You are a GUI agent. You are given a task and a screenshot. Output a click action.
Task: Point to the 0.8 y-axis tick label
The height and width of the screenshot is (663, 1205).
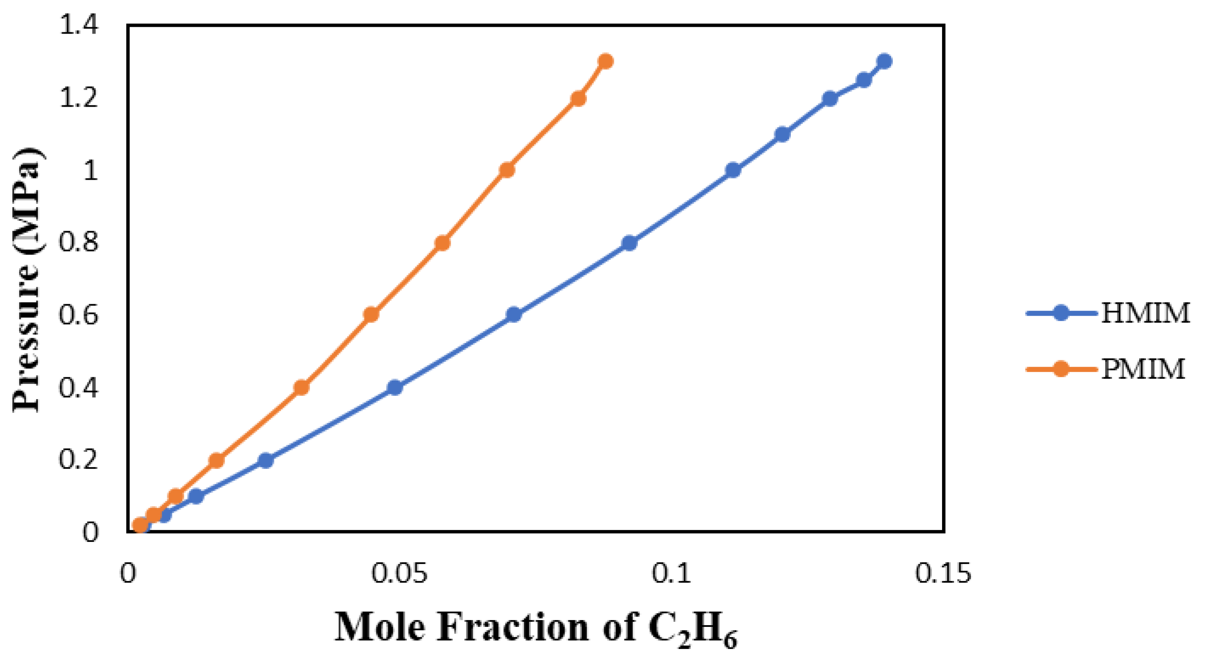79,243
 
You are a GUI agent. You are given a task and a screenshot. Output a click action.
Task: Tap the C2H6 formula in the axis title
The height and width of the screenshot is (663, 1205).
692,629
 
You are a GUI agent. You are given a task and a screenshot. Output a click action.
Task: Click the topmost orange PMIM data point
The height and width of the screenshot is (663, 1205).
606,61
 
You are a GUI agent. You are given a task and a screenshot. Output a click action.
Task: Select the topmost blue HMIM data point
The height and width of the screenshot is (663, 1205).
884,61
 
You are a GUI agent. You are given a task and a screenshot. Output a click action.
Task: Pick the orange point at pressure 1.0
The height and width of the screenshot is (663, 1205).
507,170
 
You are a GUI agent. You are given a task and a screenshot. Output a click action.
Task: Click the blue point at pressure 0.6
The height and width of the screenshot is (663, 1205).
514,314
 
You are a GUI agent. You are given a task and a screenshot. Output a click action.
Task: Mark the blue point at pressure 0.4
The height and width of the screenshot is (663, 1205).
395,388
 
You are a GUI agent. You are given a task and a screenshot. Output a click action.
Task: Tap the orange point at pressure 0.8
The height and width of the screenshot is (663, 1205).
442,243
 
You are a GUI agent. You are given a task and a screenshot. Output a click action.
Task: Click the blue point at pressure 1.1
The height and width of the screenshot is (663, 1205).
782,135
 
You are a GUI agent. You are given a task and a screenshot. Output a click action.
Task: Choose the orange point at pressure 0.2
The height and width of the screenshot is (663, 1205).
216,460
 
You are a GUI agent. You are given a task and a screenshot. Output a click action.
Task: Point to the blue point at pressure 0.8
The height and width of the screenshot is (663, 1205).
629,243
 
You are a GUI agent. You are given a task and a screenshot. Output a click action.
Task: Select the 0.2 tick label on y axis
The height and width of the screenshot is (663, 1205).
79,460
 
